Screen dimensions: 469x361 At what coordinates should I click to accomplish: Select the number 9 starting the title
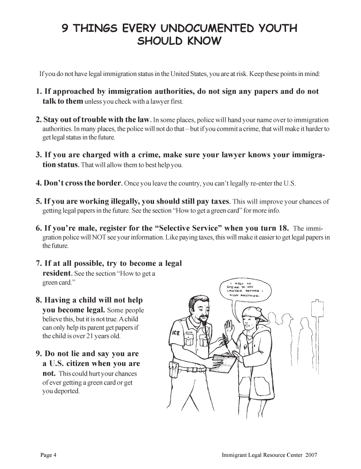66,29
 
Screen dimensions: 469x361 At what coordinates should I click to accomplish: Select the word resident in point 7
54,272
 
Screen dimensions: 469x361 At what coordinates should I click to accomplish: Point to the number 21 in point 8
102,336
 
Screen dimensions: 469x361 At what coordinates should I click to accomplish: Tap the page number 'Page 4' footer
48,455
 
